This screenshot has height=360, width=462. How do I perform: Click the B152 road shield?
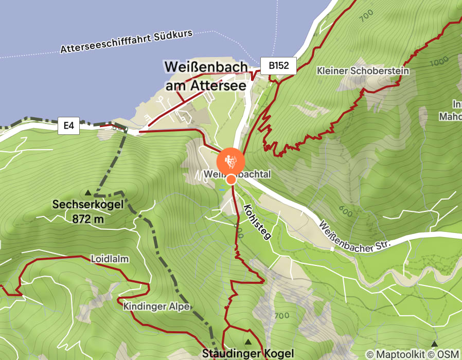click(x=279, y=66)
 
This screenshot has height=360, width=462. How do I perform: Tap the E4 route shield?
click(x=68, y=126)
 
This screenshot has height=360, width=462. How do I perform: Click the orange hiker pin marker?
click(x=230, y=160)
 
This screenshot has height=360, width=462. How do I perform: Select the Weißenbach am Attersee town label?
click(x=206, y=76)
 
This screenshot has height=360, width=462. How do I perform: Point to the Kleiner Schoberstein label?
click(x=363, y=71)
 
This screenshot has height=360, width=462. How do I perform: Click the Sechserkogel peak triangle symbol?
click(x=87, y=193)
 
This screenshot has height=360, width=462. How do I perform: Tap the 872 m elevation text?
click(x=88, y=220)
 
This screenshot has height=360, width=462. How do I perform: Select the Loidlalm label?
click(x=110, y=259)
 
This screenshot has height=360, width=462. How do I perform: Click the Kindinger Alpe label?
click(x=153, y=307)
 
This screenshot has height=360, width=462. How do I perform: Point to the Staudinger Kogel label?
click(x=247, y=353)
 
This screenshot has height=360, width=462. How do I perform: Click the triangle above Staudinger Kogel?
click(x=248, y=342)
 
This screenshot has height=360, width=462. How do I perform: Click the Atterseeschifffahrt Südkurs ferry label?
click(x=126, y=42)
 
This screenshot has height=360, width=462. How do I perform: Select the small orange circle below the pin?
click(x=232, y=179)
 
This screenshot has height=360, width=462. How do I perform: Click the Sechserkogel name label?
click(x=88, y=205)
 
